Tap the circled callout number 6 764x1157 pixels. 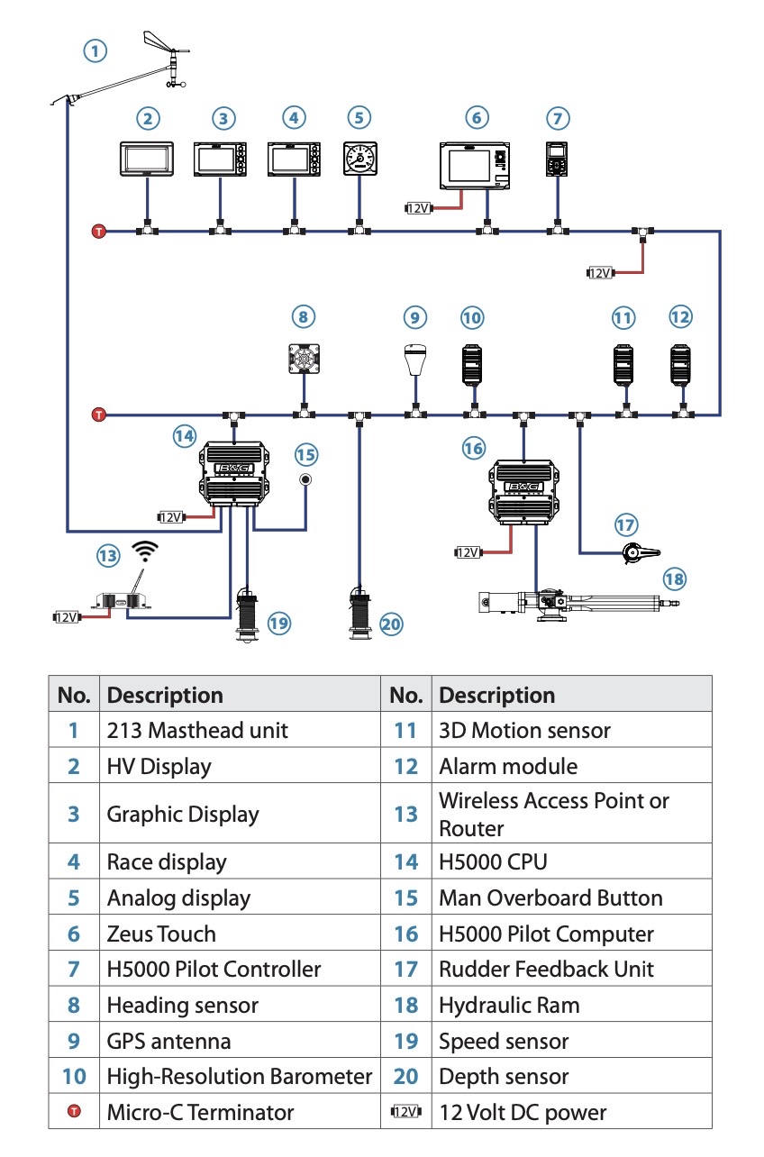click(x=477, y=118)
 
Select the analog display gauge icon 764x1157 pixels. click(x=360, y=159)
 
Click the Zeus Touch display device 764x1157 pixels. click(x=475, y=166)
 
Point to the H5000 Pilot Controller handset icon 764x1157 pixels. click(x=557, y=159)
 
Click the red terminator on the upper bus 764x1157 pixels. click(x=99, y=231)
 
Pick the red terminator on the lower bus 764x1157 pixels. click(x=99, y=415)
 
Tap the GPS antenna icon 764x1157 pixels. click(x=415, y=360)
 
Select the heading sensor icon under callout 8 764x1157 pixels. click(x=304, y=359)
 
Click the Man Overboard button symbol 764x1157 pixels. click(x=305, y=480)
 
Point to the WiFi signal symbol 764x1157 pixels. click(x=145, y=551)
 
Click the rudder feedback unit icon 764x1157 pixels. click(x=640, y=553)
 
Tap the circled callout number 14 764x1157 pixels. click(x=185, y=436)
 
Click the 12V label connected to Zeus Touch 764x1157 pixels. click(x=418, y=208)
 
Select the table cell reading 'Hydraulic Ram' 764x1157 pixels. click(x=509, y=1005)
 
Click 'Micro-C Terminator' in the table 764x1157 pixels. click(x=200, y=1112)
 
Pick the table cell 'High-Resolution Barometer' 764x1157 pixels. click(x=239, y=1077)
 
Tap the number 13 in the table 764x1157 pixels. click(x=406, y=814)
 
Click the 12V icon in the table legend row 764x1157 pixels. click(x=406, y=1111)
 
